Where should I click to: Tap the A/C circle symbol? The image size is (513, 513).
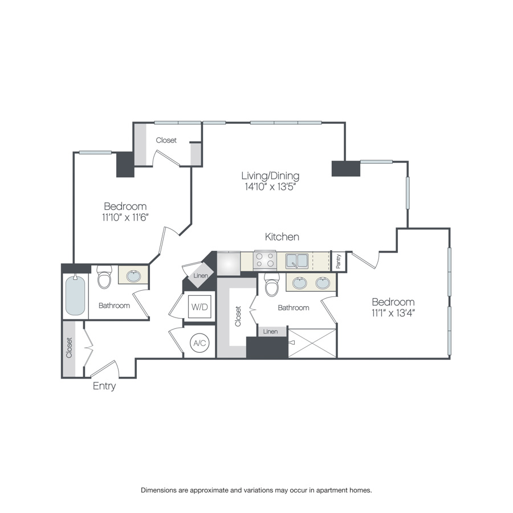point(199,343)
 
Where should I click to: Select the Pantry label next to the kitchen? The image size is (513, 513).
point(339,262)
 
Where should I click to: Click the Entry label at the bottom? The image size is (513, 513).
point(104,386)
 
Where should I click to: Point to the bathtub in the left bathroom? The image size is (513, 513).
point(75,295)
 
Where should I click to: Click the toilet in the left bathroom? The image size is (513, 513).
point(104,278)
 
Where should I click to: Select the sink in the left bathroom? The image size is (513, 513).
point(133,276)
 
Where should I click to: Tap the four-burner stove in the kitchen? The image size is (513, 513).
point(265,260)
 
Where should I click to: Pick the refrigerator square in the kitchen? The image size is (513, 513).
point(229,262)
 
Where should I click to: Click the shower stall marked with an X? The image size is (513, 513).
point(312,343)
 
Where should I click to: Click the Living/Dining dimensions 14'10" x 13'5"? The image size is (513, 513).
point(270,186)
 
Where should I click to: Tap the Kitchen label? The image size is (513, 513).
point(282,237)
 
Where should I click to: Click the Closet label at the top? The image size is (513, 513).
point(166,140)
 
